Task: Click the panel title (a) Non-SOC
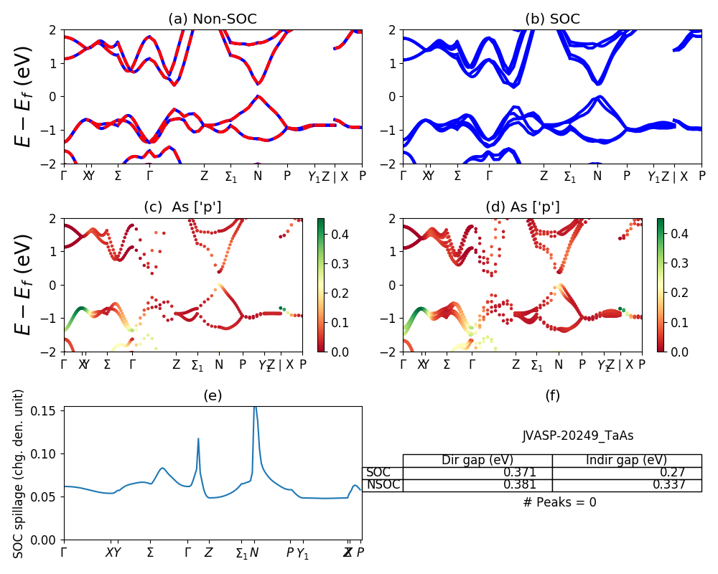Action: point(213,19)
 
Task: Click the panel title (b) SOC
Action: point(552,19)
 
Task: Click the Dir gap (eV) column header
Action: point(477,461)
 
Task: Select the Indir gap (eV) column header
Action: point(626,461)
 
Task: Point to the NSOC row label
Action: point(382,485)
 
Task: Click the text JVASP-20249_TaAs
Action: point(578,436)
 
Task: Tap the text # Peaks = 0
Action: point(559,502)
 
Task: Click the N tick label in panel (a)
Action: point(258,176)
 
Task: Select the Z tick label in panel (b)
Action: point(544,176)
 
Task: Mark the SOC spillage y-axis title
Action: point(19,474)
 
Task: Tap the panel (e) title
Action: point(213,395)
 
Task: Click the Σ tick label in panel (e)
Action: point(150,552)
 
